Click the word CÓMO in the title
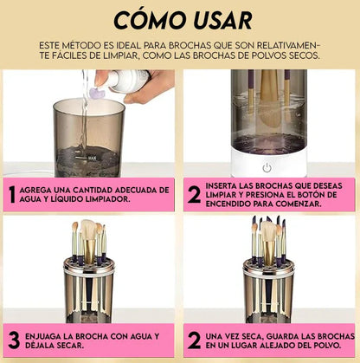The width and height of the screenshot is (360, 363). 150,20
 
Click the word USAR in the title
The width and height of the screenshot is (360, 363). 223,21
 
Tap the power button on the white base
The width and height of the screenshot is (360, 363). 267,167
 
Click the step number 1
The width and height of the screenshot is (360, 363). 12,194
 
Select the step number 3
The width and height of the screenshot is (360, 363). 14,340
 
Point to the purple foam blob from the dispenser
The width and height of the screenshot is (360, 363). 98,94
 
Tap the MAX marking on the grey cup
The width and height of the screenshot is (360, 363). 92,158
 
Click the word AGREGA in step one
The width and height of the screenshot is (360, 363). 32,190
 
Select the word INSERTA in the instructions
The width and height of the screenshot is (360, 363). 221,185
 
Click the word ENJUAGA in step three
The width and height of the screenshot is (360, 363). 40,336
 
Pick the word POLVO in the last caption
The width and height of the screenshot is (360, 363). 329,346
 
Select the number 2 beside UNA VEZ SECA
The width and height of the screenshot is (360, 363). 194,340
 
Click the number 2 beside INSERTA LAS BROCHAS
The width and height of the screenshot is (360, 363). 194,195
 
